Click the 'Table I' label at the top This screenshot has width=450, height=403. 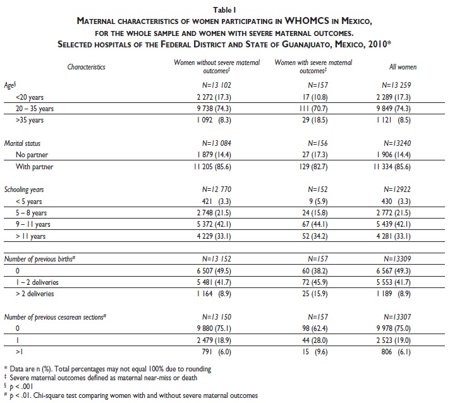(224, 9)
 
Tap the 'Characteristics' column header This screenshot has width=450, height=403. (86, 66)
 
